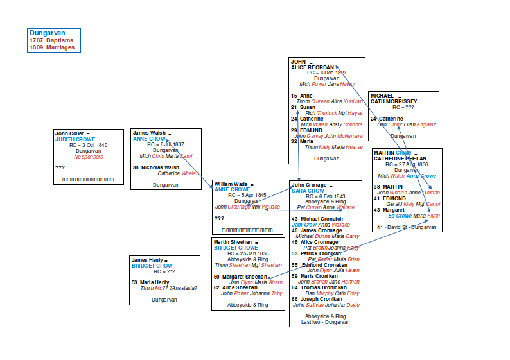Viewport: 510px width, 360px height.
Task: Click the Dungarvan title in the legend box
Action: pyautogui.click(x=47, y=33)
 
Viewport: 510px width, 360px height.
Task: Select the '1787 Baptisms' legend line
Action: pyautogui.click(x=51, y=40)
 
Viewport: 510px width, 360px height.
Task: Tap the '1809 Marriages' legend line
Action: pyautogui.click(x=52, y=47)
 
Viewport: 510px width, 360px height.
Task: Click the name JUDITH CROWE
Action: pyautogui.click(x=75, y=139)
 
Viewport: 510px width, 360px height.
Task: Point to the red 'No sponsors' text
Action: pyautogui.click(x=88, y=157)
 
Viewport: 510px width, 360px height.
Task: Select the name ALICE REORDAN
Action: pyautogui.click(x=313, y=67)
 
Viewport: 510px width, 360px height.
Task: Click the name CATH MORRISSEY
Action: pyautogui.click(x=394, y=101)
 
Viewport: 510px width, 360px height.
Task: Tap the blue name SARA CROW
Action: pyautogui.click(x=308, y=191)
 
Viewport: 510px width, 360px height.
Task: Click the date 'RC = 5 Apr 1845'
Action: pyautogui.click(x=247, y=195)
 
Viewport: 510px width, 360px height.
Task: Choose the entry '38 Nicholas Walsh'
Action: pyautogui.click(x=156, y=167)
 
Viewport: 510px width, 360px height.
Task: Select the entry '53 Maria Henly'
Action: pyautogui.click(x=150, y=282)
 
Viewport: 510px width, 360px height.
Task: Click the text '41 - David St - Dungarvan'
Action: pyautogui.click(x=407, y=227)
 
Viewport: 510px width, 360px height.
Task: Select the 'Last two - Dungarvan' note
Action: pyautogui.click(x=326, y=322)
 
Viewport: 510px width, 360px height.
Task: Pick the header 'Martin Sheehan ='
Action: pyautogui.click(x=235, y=242)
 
